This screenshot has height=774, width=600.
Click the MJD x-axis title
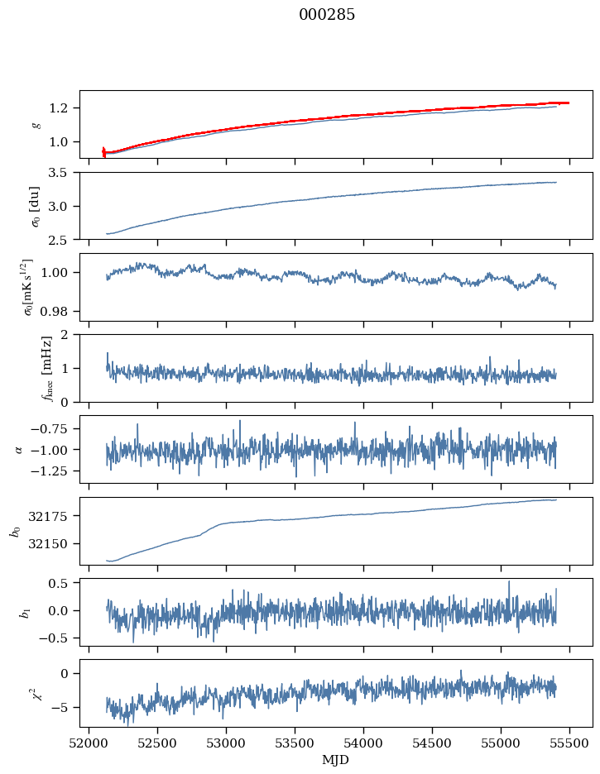pos(336,759)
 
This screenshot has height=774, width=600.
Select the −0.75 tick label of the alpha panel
pos(53,428)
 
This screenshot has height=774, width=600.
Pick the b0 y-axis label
pos(14,531)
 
